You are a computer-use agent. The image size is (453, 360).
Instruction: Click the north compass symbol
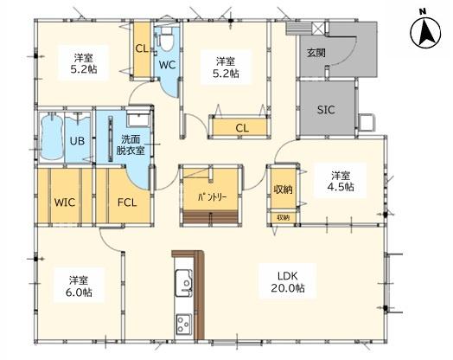425,33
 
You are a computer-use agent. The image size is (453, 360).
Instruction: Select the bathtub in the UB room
51,137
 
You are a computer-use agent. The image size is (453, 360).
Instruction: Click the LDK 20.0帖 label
288,282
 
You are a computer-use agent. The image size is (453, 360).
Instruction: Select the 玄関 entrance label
316,53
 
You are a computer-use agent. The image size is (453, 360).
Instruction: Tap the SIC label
326,110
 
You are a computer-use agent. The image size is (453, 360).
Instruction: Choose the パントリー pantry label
212,197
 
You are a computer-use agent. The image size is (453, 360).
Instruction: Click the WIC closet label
65,202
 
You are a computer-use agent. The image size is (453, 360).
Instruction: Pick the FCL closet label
127,202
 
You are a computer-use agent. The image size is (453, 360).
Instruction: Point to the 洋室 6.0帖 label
79,286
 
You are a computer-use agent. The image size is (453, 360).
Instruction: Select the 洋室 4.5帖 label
341,182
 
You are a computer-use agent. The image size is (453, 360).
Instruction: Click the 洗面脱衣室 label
131,145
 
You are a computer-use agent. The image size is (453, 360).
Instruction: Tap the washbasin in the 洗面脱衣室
138,119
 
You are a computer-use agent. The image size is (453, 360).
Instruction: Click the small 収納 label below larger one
284,217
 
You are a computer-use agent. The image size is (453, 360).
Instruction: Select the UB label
77,141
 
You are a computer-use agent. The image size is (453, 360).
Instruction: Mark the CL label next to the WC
142,48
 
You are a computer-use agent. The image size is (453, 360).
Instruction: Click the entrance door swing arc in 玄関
345,55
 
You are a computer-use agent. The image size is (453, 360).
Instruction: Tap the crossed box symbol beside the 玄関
319,29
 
